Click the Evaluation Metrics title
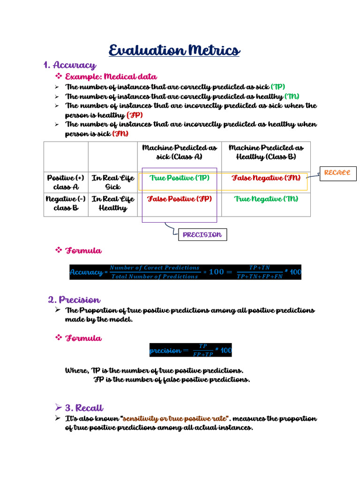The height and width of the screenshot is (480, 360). [174, 50]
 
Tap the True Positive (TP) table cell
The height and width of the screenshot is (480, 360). [180, 178]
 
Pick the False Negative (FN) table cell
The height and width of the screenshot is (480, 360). [266, 178]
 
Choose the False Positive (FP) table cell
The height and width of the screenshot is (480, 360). [180, 199]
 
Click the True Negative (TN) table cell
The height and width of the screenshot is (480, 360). [266, 199]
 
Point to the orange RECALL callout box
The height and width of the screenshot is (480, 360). [337, 173]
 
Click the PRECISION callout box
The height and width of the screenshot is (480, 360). [202, 235]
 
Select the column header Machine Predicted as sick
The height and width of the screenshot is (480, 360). [180, 152]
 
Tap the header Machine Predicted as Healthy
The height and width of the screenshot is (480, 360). [266, 152]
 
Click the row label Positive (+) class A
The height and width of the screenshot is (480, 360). [66, 182]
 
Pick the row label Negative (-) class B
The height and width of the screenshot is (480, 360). [66, 203]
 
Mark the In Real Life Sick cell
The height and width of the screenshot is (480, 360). [113, 182]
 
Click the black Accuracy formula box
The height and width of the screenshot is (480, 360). [185, 272]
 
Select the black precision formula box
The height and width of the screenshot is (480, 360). [190, 350]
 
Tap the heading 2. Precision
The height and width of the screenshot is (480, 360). [74, 300]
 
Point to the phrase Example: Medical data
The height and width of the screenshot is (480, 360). [111, 76]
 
